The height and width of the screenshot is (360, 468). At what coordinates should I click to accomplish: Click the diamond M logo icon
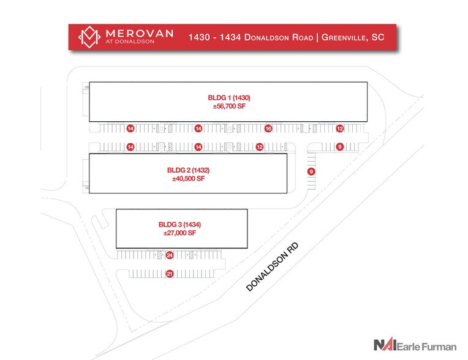pyautogui.click(x=89, y=37)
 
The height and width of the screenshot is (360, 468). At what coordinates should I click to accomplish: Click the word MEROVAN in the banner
pyautogui.click(x=140, y=33)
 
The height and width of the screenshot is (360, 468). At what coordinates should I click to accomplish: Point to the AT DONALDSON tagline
pyautogui.click(x=130, y=42)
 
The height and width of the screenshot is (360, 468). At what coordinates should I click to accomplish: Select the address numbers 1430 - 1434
pyautogui.click(x=214, y=37)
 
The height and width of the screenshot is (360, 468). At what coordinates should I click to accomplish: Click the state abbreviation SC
pyautogui.click(x=377, y=37)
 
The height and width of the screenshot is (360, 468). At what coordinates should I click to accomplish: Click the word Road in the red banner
pyautogui.click(x=303, y=37)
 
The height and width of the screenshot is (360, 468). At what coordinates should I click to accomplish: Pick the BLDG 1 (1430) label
pyautogui.click(x=229, y=97)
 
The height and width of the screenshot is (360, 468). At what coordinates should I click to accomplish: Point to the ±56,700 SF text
pyautogui.click(x=229, y=106)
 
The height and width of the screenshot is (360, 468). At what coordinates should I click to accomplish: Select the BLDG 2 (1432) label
pyautogui.click(x=188, y=170)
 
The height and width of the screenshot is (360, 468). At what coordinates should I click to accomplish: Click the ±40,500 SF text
pyautogui.click(x=188, y=179)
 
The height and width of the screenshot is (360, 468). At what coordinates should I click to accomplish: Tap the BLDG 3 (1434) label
pyautogui.click(x=179, y=224)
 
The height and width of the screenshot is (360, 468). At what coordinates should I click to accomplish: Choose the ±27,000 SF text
pyautogui.click(x=179, y=233)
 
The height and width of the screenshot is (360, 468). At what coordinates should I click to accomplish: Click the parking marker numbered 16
pyautogui.click(x=268, y=129)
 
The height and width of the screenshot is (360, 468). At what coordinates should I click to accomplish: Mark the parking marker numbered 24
pyautogui.click(x=170, y=255)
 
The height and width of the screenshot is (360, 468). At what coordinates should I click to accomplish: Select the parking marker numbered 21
pyautogui.click(x=170, y=274)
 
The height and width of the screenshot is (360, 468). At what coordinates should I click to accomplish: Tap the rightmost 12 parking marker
pyautogui.click(x=339, y=129)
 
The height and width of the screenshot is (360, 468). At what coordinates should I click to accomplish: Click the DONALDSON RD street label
pyautogui.click(x=272, y=267)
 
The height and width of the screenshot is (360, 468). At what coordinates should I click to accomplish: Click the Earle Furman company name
pyautogui.click(x=426, y=347)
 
